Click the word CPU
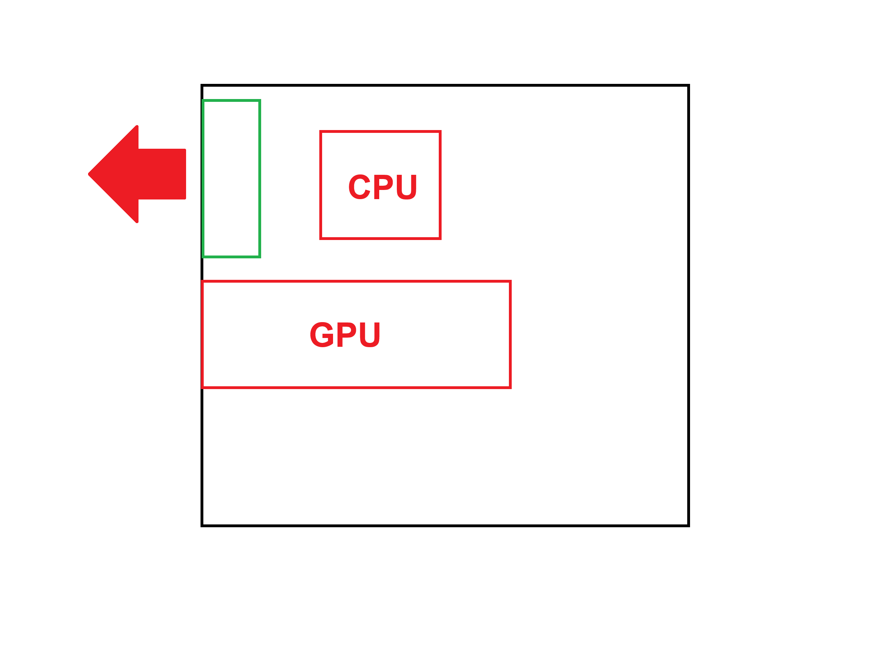coord(382,187)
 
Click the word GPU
coord(345,334)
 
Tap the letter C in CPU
coord(359,187)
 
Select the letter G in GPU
coord(322,334)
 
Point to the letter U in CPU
coord(406,187)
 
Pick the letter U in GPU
coord(370,334)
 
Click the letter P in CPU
coord(383,187)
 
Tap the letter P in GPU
coord(346,334)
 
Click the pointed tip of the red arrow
coord(89,174)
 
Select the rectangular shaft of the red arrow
coord(162,174)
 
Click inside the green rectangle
coord(232,178)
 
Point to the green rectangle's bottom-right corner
coord(260,257)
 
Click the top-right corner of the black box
coord(689,85)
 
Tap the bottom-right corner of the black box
coord(689,526)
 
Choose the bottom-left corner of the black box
coord(202,526)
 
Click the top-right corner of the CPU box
coord(440,131)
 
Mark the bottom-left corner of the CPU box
coord(321,238)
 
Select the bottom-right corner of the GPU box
coord(510,388)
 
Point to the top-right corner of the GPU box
coord(510,281)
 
